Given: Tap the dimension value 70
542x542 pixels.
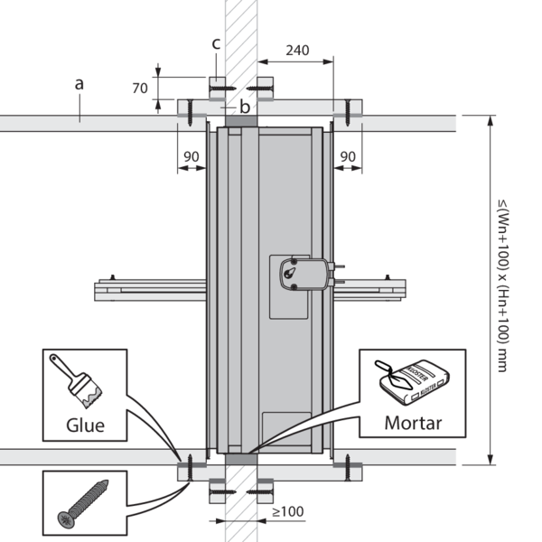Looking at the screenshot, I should tap(139, 89).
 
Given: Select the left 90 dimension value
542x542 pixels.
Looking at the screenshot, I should tap(192, 156).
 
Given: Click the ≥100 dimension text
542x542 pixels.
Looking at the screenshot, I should tap(288, 512).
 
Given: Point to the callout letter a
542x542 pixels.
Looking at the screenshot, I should tap(79, 84).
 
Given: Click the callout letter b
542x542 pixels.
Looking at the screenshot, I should tap(244, 107).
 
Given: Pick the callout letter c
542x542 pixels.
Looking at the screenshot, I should tap(216, 43).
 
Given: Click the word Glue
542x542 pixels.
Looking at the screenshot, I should tap(87, 425).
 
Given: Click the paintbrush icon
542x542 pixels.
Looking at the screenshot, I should tap(79, 378).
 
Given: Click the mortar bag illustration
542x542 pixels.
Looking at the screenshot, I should tap(423, 380).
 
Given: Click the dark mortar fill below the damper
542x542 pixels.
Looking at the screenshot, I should tap(241, 459).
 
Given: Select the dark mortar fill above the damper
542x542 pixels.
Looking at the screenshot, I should tap(240, 121).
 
